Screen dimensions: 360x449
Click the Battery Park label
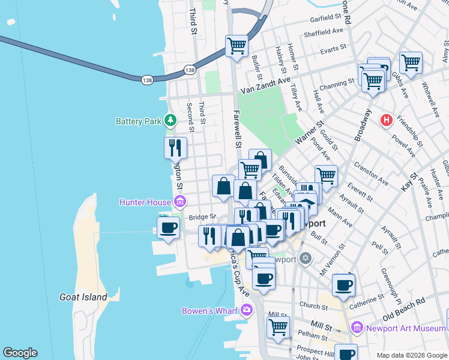(x=139, y=121)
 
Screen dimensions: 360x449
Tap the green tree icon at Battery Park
(x=171, y=121)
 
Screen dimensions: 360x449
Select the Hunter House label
(x=144, y=202)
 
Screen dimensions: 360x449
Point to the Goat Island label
(x=83, y=297)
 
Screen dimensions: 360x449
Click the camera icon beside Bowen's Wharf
(x=246, y=310)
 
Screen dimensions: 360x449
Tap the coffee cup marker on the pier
(x=167, y=228)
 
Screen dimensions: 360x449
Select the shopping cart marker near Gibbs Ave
(x=411, y=62)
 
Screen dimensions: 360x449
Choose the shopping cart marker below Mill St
(x=279, y=327)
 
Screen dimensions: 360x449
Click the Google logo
(x=20, y=353)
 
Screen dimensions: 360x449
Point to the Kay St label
(x=413, y=182)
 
